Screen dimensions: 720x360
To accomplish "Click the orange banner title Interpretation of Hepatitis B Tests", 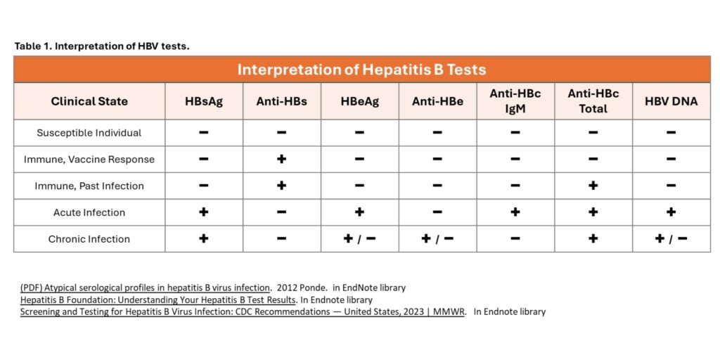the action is (362, 70).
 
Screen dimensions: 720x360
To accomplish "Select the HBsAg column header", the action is (204, 101).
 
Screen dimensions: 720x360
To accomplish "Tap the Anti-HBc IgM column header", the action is (515, 101).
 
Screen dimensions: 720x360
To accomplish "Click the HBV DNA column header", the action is (671, 101).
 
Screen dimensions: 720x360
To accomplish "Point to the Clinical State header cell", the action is (89, 101).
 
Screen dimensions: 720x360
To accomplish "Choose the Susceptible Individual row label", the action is (89, 133).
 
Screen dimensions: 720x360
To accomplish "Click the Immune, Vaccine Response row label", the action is (89, 160).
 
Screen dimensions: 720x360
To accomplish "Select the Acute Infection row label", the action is (89, 212).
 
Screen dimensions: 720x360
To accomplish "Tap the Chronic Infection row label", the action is (89, 239).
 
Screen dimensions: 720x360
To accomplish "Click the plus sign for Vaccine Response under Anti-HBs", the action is (281, 160).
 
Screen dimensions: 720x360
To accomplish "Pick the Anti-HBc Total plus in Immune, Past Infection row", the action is (593, 186).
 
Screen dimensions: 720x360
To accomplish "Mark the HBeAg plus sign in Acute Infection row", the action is (359, 212).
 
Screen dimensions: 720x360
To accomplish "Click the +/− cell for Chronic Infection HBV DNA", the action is (671, 239).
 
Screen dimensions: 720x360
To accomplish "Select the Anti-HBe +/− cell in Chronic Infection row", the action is (437, 239).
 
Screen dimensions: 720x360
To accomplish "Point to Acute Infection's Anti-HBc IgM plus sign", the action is (515, 212).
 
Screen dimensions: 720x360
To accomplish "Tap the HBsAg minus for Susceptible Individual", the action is (204, 133).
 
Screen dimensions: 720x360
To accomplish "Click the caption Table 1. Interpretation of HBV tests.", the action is (102, 46).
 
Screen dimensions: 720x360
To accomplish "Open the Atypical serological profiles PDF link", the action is (145, 288).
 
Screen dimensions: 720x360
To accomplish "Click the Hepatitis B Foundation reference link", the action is (158, 300).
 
